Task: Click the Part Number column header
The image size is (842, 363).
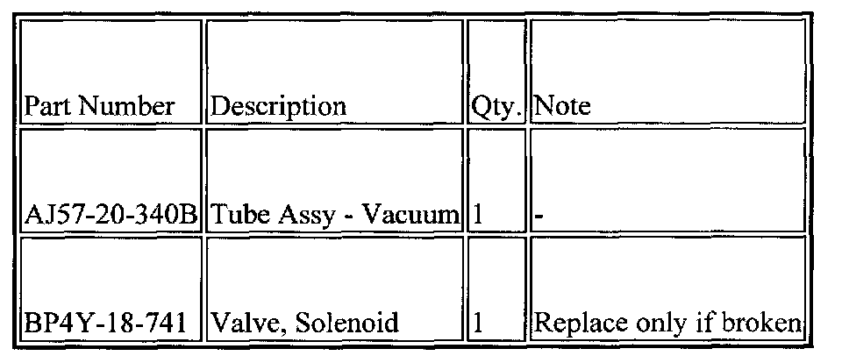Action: [98, 107]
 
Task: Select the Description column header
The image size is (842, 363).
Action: [279, 107]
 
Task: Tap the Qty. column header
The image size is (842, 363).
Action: [496, 107]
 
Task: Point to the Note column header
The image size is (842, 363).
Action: [562, 107]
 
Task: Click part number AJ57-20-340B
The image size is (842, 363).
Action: [112, 215]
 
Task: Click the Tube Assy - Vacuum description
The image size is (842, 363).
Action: [333, 215]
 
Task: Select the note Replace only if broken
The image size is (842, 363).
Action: [667, 324]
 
